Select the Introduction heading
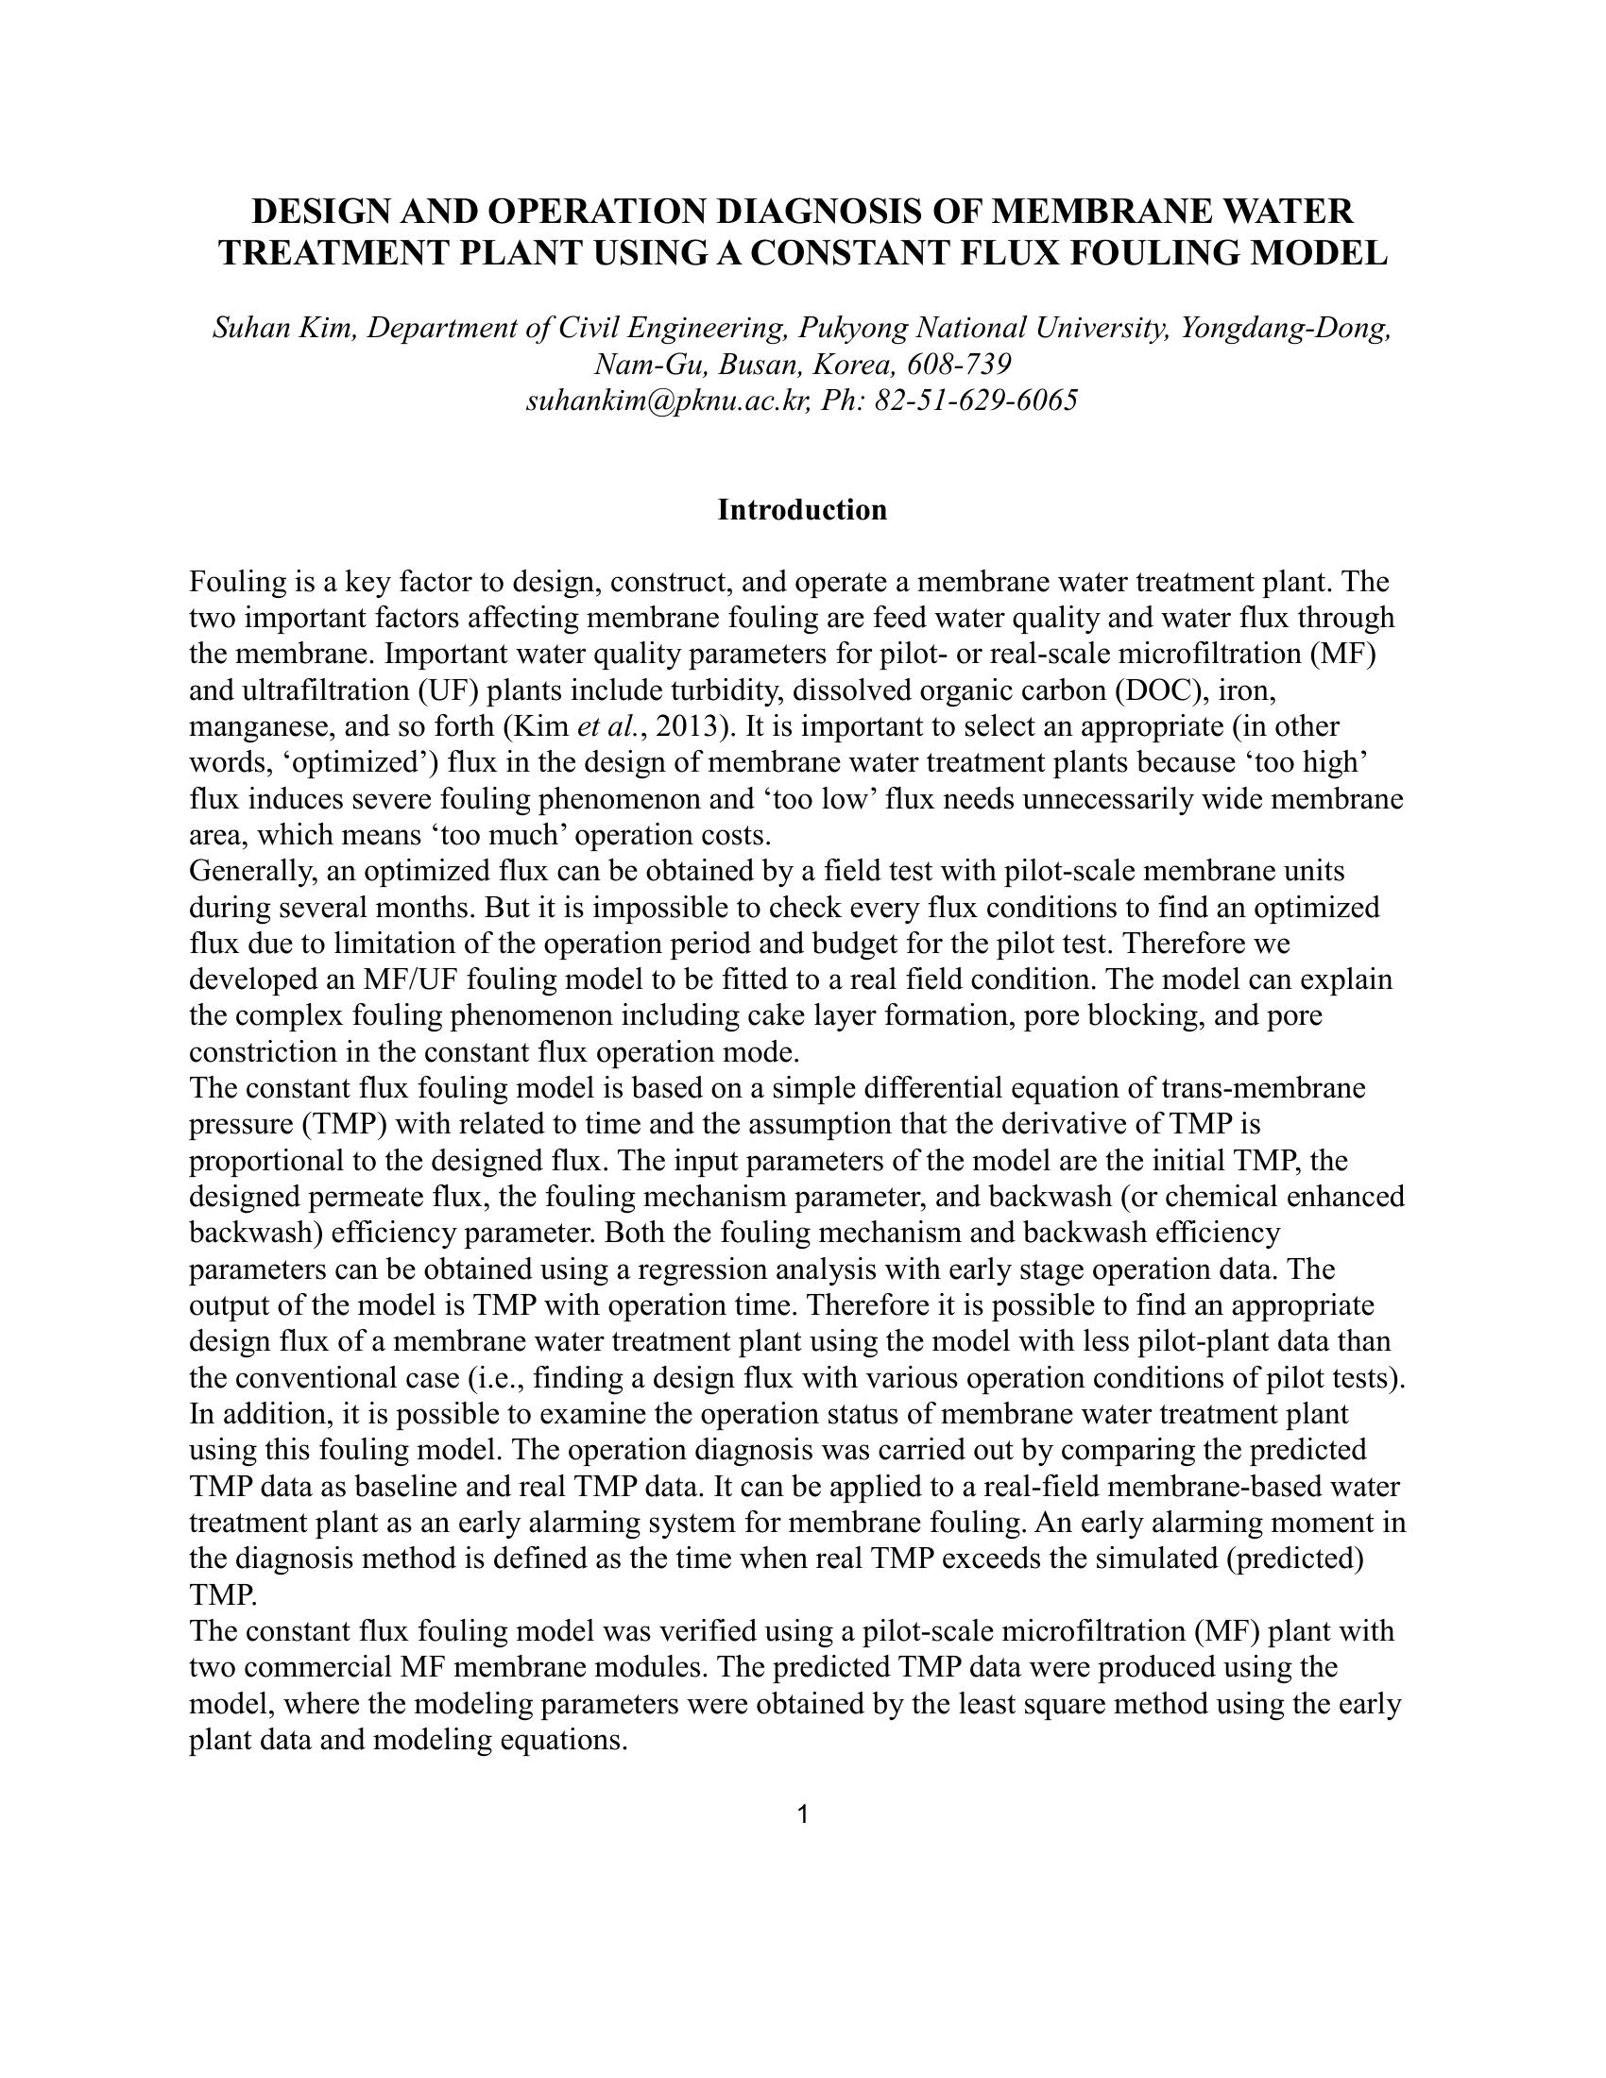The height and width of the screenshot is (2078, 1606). [802, 510]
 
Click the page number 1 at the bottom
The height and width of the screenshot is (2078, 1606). [802, 1814]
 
